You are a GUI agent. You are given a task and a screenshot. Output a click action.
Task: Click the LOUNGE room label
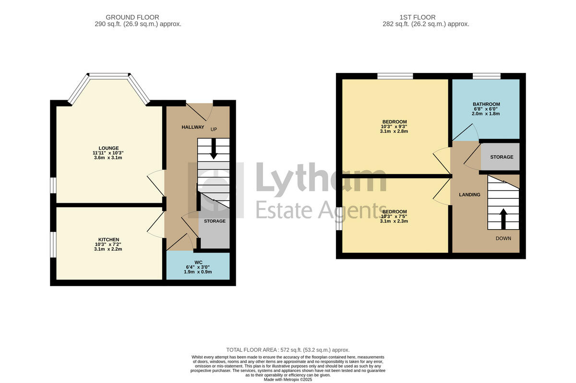click(108, 148)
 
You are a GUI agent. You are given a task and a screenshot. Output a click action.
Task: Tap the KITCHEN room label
click(108, 239)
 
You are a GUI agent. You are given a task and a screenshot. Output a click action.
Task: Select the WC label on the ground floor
click(198, 262)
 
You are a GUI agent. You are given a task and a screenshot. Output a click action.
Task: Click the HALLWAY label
click(192, 127)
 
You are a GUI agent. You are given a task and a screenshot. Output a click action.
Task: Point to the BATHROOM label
click(486, 104)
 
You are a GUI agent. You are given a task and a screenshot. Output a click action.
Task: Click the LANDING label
click(469, 195)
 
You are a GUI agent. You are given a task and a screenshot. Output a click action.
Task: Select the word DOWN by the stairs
click(504, 238)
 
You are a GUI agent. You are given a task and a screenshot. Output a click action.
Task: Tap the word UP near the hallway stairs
click(214, 129)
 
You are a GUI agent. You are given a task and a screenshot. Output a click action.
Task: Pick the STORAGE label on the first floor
click(501, 157)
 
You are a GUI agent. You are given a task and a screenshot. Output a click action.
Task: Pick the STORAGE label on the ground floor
click(215, 221)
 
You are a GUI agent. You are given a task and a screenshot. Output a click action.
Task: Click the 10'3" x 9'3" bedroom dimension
click(395, 126)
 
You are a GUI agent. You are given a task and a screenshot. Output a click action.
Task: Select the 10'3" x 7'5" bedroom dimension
click(395, 216)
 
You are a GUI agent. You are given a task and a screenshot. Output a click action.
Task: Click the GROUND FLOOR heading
click(132, 17)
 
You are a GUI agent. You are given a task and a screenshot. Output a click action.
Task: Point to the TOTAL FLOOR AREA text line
click(288, 350)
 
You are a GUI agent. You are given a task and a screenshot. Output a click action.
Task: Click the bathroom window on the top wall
click(486, 76)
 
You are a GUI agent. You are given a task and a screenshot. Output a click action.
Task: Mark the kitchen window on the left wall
click(53, 244)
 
